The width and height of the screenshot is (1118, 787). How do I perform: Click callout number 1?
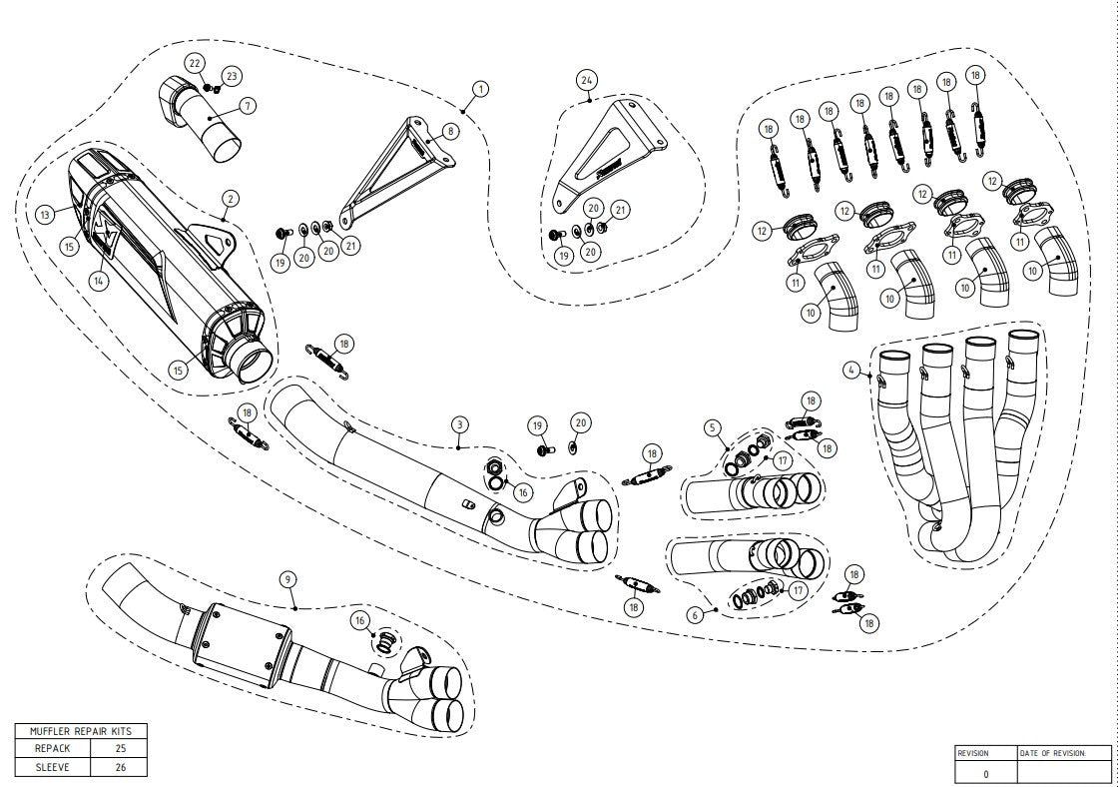pyautogui.click(x=480, y=89)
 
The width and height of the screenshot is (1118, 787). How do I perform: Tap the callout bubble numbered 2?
pyautogui.click(x=230, y=198)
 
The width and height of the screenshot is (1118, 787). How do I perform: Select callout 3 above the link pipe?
pyautogui.click(x=459, y=424)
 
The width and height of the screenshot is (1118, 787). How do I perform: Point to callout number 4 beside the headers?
pyautogui.click(x=851, y=371)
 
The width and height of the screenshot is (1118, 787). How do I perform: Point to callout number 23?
pyautogui.click(x=232, y=76)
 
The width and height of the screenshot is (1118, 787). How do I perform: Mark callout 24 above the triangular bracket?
pyautogui.click(x=586, y=79)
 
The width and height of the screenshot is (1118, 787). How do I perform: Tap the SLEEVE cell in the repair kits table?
pyautogui.click(x=53, y=766)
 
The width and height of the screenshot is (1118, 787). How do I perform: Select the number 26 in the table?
pyautogui.click(x=119, y=766)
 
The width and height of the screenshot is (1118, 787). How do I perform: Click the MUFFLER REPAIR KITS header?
pyautogui.click(x=81, y=730)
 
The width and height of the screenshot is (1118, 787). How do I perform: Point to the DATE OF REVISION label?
pyautogui.click(x=1051, y=753)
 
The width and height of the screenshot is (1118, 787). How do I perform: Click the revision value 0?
pyautogui.click(x=986, y=772)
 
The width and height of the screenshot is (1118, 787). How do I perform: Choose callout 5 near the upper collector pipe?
pyautogui.click(x=713, y=427)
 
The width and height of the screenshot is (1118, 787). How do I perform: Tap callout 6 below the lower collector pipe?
pyautogui.click(x=696, y=615)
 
